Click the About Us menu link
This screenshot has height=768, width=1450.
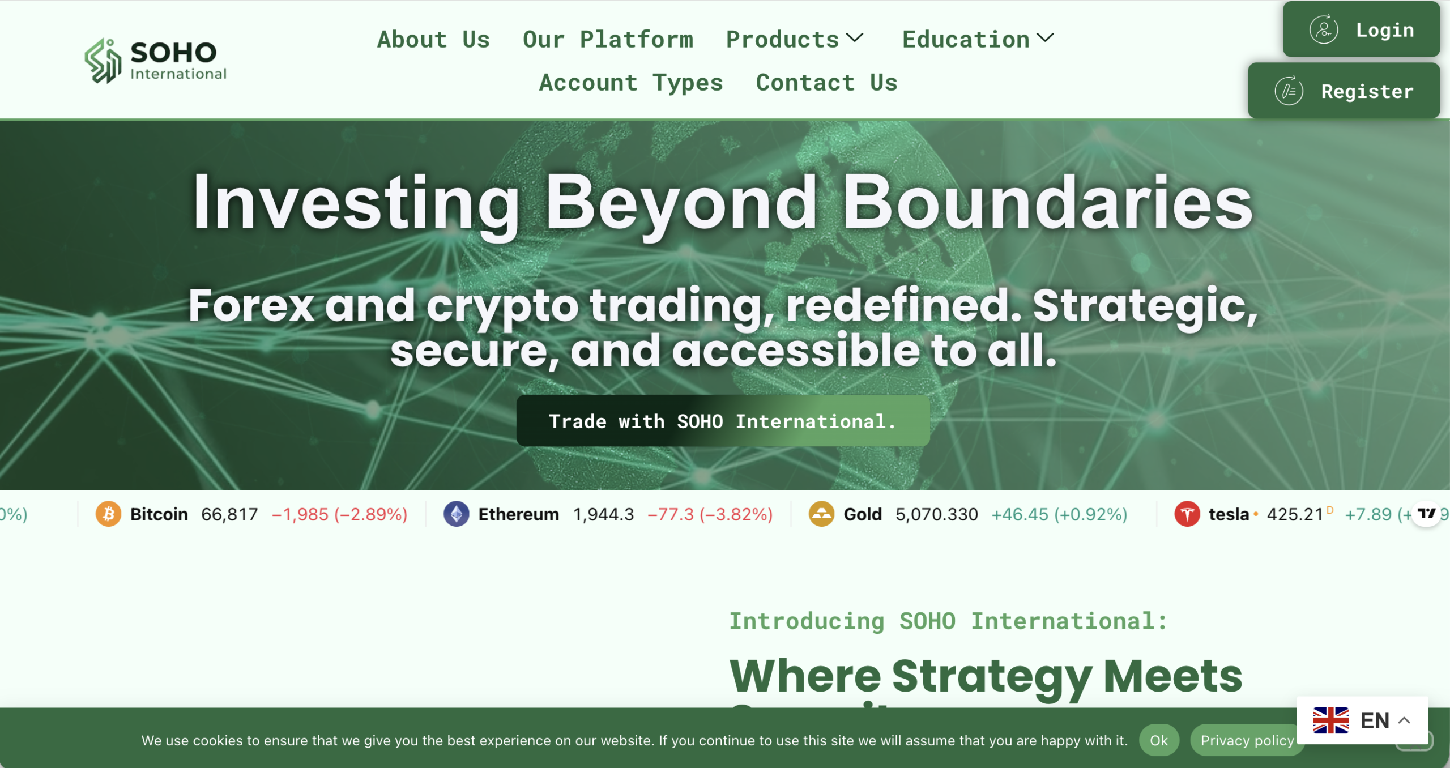pyautogui.click(x=433, y=40)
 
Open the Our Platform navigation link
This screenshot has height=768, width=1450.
pyautogui.click(x=608, y=40)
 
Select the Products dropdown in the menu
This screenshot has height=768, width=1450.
pyautogui.click(x=795, y=40)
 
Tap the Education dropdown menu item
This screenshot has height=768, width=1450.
pyautogui.click(x=978, y=40)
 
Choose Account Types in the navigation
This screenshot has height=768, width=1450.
pyautogui.click(x=631, y=83)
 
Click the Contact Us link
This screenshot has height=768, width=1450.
pyautogui.click(x=826, y=83)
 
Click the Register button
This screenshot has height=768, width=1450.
pyautogui.click(x=1344, y=91)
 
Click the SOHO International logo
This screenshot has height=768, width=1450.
pyautogui.click(x=156, y=61)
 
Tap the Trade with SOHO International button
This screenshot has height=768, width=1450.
pyautogui.click(x=723, y=421)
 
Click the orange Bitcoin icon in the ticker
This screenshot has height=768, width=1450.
pyautogui.click(x=108, y=514)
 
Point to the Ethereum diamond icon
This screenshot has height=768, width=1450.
pyautogui.click(x=457, y=514)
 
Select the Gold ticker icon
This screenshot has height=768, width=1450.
pyautogui.click(x=821, y=514)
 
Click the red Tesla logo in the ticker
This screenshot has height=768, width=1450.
pyautogui.click(x=1187, y=514)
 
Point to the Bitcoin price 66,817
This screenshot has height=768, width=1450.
pyautogui.click(x=229, y=514)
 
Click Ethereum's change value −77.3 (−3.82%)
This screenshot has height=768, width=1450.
pyautogui.click(x=710, y=514)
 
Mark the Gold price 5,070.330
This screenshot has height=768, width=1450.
pyautogui.click(x=937, y=514)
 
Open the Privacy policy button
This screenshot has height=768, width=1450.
pyautogui.click(x=1247, y=740)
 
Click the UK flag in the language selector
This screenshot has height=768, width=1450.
pyautogui.click(x=1330, y=720)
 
